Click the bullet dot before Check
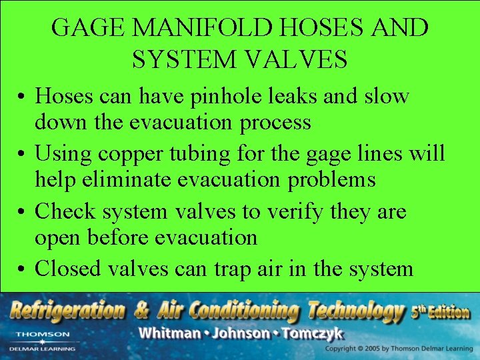(x=22, y=212)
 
